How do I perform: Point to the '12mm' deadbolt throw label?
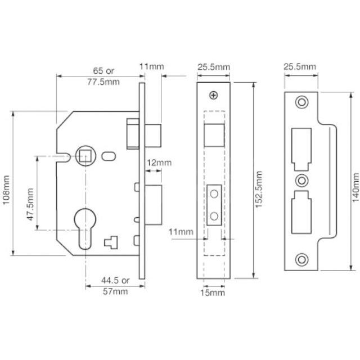[x=159, y=163]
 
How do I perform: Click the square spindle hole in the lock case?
[x=85, y=155]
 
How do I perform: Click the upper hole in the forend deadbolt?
[x=214, y=193]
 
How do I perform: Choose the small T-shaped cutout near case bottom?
[x=110, y=243]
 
